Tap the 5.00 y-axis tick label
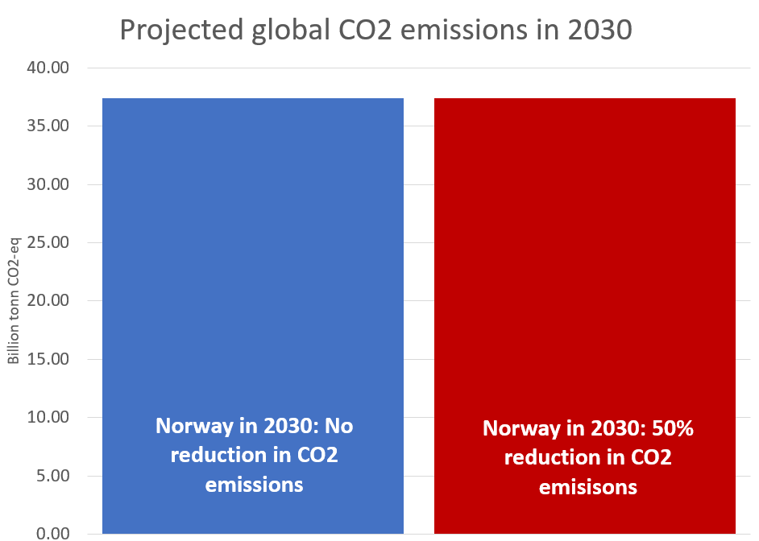[54, 475]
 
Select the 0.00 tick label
[54, 533]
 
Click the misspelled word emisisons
[588, 487]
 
